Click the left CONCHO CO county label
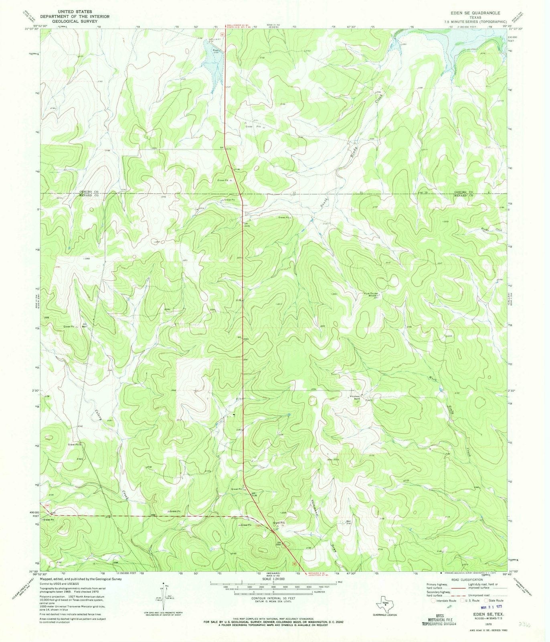click(x=89, y=192)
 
